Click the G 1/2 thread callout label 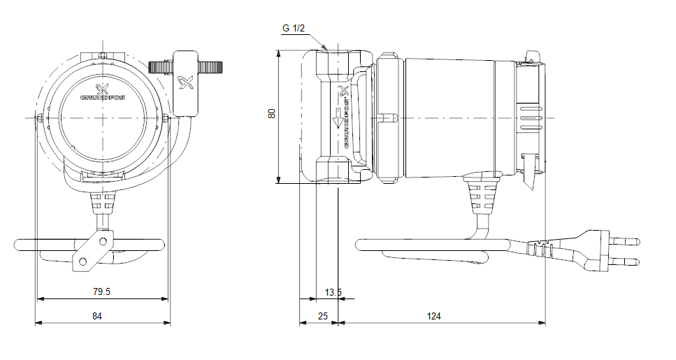tap(294, 29)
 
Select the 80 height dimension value tap(272, 113)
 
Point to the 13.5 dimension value tap(333, 292)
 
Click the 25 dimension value tap(322, 317)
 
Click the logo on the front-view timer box tap(186, 83)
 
